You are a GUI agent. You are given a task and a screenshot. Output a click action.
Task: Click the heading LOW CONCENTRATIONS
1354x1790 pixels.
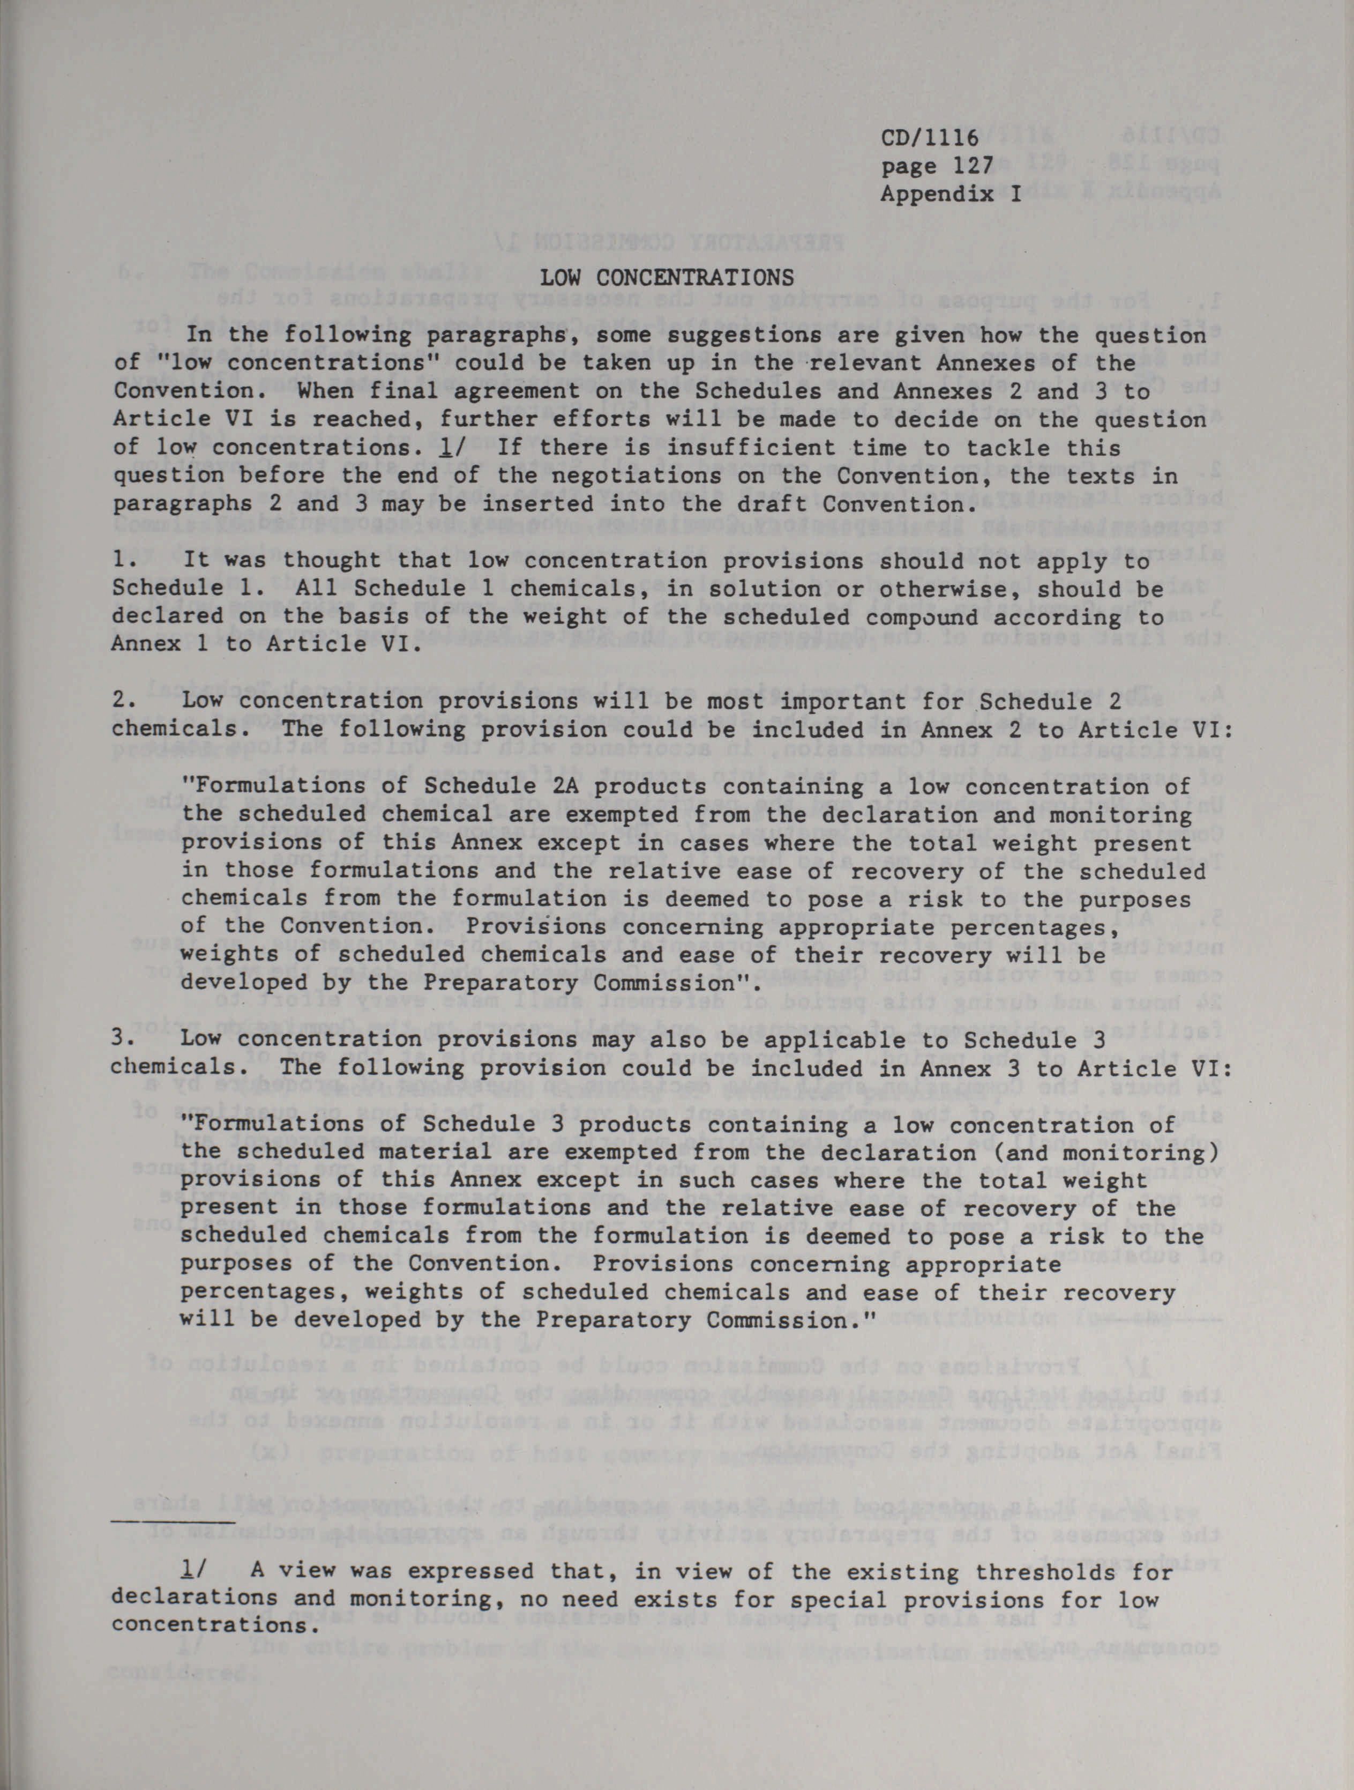(x=667, y=278)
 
